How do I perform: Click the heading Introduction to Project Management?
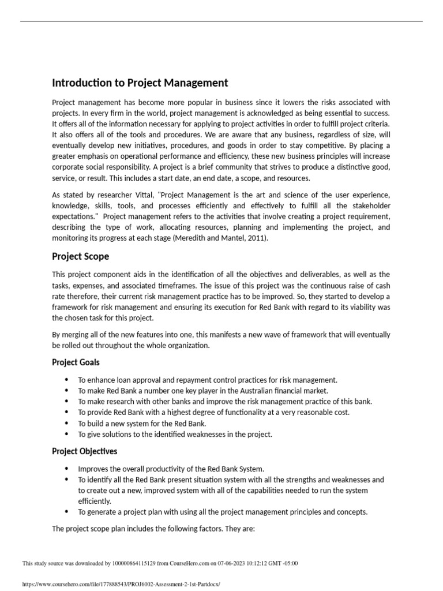point(140,83)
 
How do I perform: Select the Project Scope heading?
point(80,256)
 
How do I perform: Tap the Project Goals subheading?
point(76,362)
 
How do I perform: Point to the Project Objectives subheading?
point(84,451)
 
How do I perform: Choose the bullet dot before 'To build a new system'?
point(66,423)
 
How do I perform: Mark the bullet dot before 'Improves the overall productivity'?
point(66,469)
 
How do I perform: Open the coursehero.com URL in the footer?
point(121,584)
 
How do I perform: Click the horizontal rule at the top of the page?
point(221,22)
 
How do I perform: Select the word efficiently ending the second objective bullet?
point(95,501)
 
